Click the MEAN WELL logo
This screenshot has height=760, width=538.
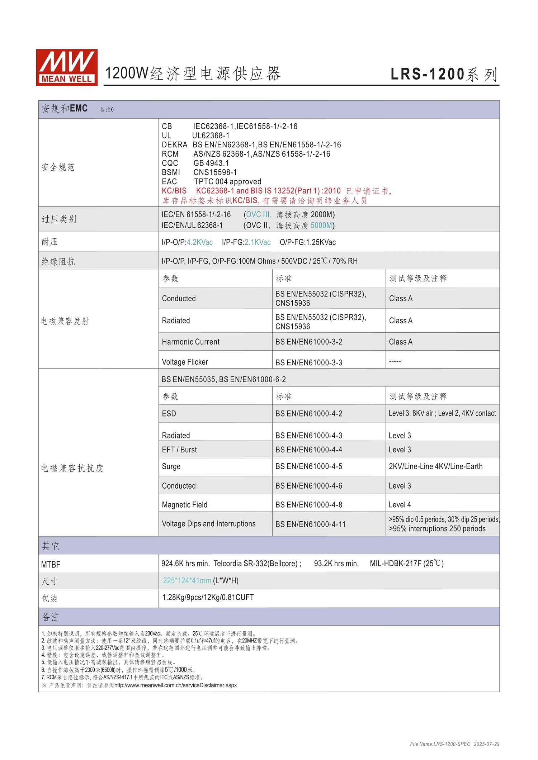[x=67, y=67]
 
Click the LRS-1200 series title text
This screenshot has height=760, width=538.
[x=444, y=74]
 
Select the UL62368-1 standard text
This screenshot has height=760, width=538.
[x=211, y=136]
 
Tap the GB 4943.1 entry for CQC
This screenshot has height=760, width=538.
[x=211, y=163]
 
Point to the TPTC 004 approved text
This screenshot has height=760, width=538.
[x=227, y=181]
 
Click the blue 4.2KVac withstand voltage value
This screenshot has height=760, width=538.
[x=199, y=242]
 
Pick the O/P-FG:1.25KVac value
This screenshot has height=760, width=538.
[x=307, y=242]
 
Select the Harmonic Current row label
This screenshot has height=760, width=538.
[x=190, y=342]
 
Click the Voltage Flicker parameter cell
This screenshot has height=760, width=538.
[x=185, y=362]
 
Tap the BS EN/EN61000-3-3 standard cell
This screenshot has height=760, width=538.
[x=308, y=362]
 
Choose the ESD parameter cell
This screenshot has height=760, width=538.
[x=169, y=413]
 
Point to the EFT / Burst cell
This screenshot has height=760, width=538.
[x=179, y=450]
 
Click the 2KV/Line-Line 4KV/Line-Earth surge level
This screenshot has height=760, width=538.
[x=435, y=466]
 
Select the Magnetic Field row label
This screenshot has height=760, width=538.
[x=184, y=505]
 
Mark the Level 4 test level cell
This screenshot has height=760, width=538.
[x=400, y=505]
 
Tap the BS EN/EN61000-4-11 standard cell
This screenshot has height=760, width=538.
[x=310, y=524]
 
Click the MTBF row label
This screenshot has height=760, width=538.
[x=51, y=565]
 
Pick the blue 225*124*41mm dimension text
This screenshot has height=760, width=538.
[x=187, y=580]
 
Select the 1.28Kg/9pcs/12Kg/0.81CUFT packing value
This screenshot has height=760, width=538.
[x=208, y=597]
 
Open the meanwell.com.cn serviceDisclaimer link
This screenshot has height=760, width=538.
[x=175, y=685]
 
